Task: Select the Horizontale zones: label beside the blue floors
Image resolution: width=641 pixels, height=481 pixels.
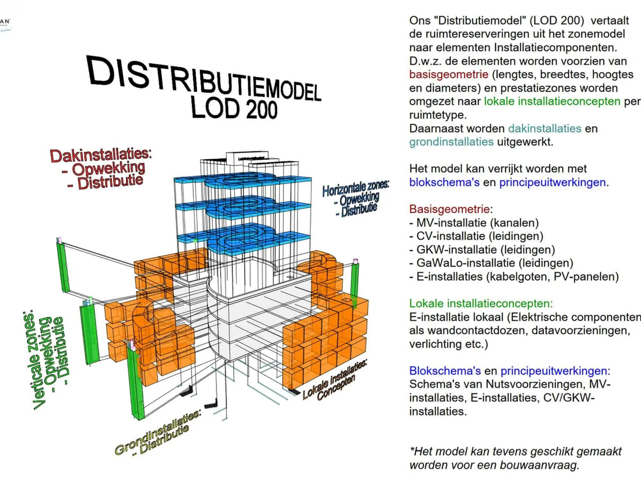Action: coord(355,187)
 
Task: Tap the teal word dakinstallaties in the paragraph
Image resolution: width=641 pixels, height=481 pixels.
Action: coord(545,128)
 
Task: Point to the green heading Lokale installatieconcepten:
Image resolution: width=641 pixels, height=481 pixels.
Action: coord(481,304)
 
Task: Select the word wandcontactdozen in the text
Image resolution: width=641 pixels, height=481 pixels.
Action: coord(465,331)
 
